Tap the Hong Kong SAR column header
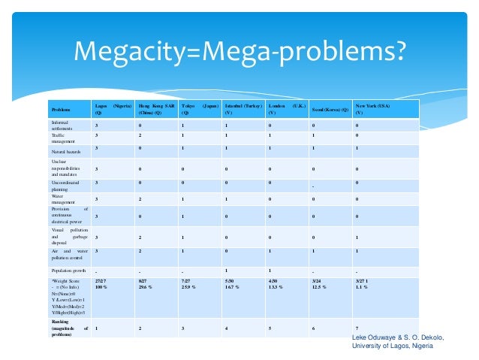click(157, 109)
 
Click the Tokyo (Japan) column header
click(200, 109)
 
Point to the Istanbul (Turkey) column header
click(245, 109)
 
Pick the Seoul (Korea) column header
click(330, 110)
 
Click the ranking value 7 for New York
click(357, 328)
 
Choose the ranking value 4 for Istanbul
click(227, 328)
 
